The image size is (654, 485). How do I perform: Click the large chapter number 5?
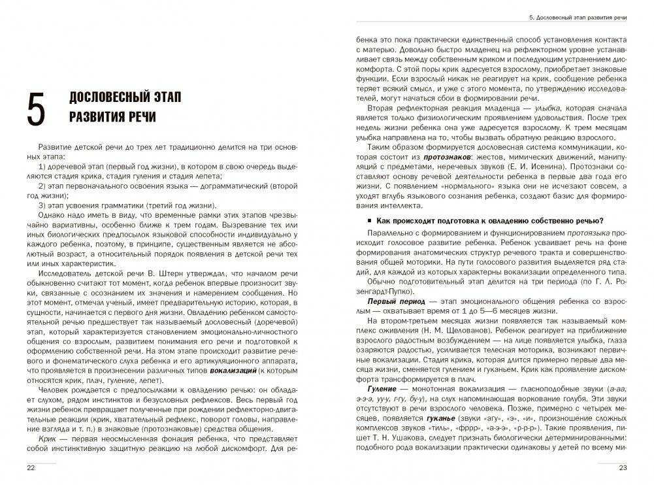(x=36, y=108)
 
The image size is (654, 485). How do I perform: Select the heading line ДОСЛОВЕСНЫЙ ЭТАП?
(x=125, y=97)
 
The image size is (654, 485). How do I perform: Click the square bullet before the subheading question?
(x=370, y=220)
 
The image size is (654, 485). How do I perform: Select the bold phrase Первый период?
(x=390, y=303)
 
